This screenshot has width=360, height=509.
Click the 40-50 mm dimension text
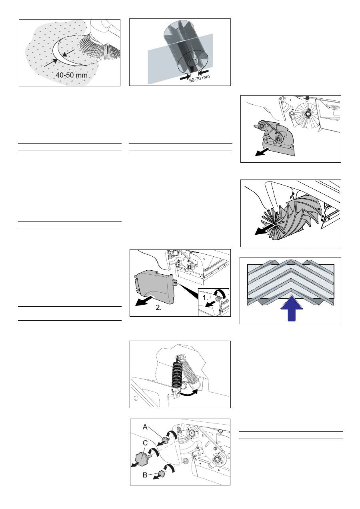pos(72,75)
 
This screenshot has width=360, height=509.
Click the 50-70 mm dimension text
pos(200,79)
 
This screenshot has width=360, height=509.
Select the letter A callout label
pos(145,427)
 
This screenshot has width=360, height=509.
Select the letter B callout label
pos(145,475)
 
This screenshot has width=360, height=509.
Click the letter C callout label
pos(145,443)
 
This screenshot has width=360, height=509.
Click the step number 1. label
pos(205,298)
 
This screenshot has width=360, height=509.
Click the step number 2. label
pos(159,308)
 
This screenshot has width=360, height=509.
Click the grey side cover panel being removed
pos(155,286)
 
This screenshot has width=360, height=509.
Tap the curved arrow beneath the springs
pos(188,393)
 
